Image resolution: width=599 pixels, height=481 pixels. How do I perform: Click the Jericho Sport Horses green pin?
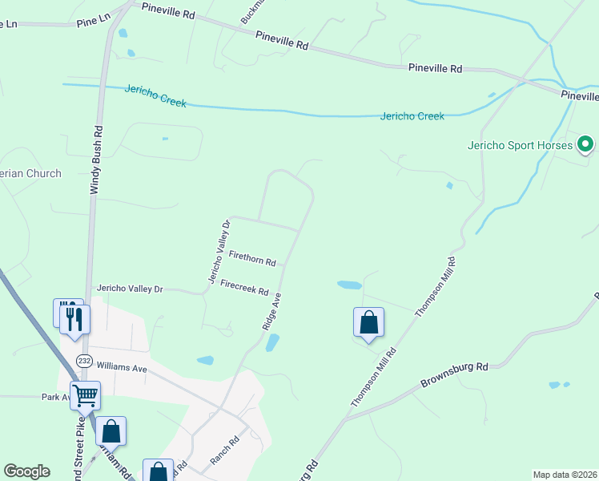click(585, 145)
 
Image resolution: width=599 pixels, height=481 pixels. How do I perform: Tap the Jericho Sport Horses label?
click(521, 146)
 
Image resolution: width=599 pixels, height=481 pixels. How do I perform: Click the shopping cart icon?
click(85, 394)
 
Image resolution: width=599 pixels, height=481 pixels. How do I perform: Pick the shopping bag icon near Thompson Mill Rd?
click(368, 323)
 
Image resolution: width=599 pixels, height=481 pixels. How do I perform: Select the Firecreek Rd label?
click(244, 286)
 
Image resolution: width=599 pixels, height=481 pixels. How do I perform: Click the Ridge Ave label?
click(272, 312)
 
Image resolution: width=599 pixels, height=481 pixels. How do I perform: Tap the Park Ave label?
click(56, 397)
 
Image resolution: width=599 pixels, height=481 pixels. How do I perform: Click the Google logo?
click(26, 471)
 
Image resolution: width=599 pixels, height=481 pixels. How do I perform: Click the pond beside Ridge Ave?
click(272, 344)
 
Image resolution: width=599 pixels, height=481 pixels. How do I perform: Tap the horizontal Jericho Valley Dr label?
click(130, 288)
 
